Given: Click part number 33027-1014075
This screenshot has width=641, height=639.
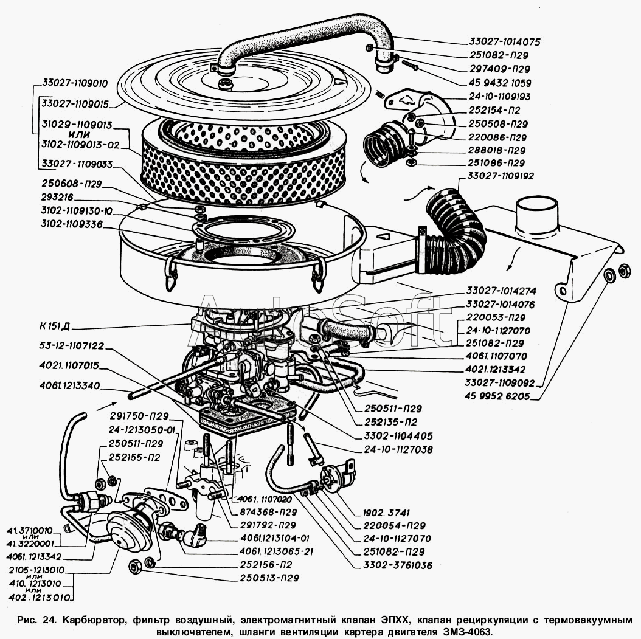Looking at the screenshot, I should click(x=504, y=42).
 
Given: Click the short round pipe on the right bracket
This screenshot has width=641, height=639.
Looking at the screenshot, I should click(x=537, y=216).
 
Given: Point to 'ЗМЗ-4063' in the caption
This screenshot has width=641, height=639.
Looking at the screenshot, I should click(x=465, y=631).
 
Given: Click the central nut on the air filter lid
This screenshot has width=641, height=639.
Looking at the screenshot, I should click(x=226, y=83).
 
